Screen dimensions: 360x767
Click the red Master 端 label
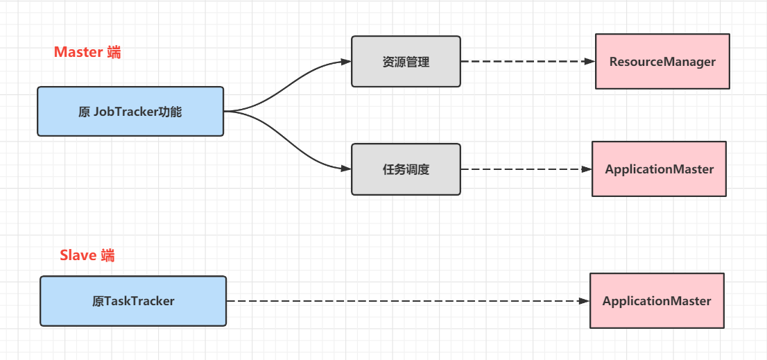(x=87, y=52)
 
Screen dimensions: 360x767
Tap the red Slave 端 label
(x=87, y=255)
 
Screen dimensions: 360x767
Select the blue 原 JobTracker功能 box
(x=130, y=111)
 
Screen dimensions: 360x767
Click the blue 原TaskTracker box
(x=133, y=301)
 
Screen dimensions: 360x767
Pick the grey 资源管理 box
(x=406, y=62)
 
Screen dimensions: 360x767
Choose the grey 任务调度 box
(x=406, y=169)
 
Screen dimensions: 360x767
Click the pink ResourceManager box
(x=662, y=62)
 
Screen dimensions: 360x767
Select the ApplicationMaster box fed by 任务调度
(x=659, y=169)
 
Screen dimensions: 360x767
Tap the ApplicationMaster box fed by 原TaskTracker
(x=657, y=301)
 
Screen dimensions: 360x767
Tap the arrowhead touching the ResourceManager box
(x=589, y=61)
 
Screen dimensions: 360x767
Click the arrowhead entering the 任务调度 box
(x=346, y=169)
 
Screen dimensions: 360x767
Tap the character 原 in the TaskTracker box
(x=98, y=301)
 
